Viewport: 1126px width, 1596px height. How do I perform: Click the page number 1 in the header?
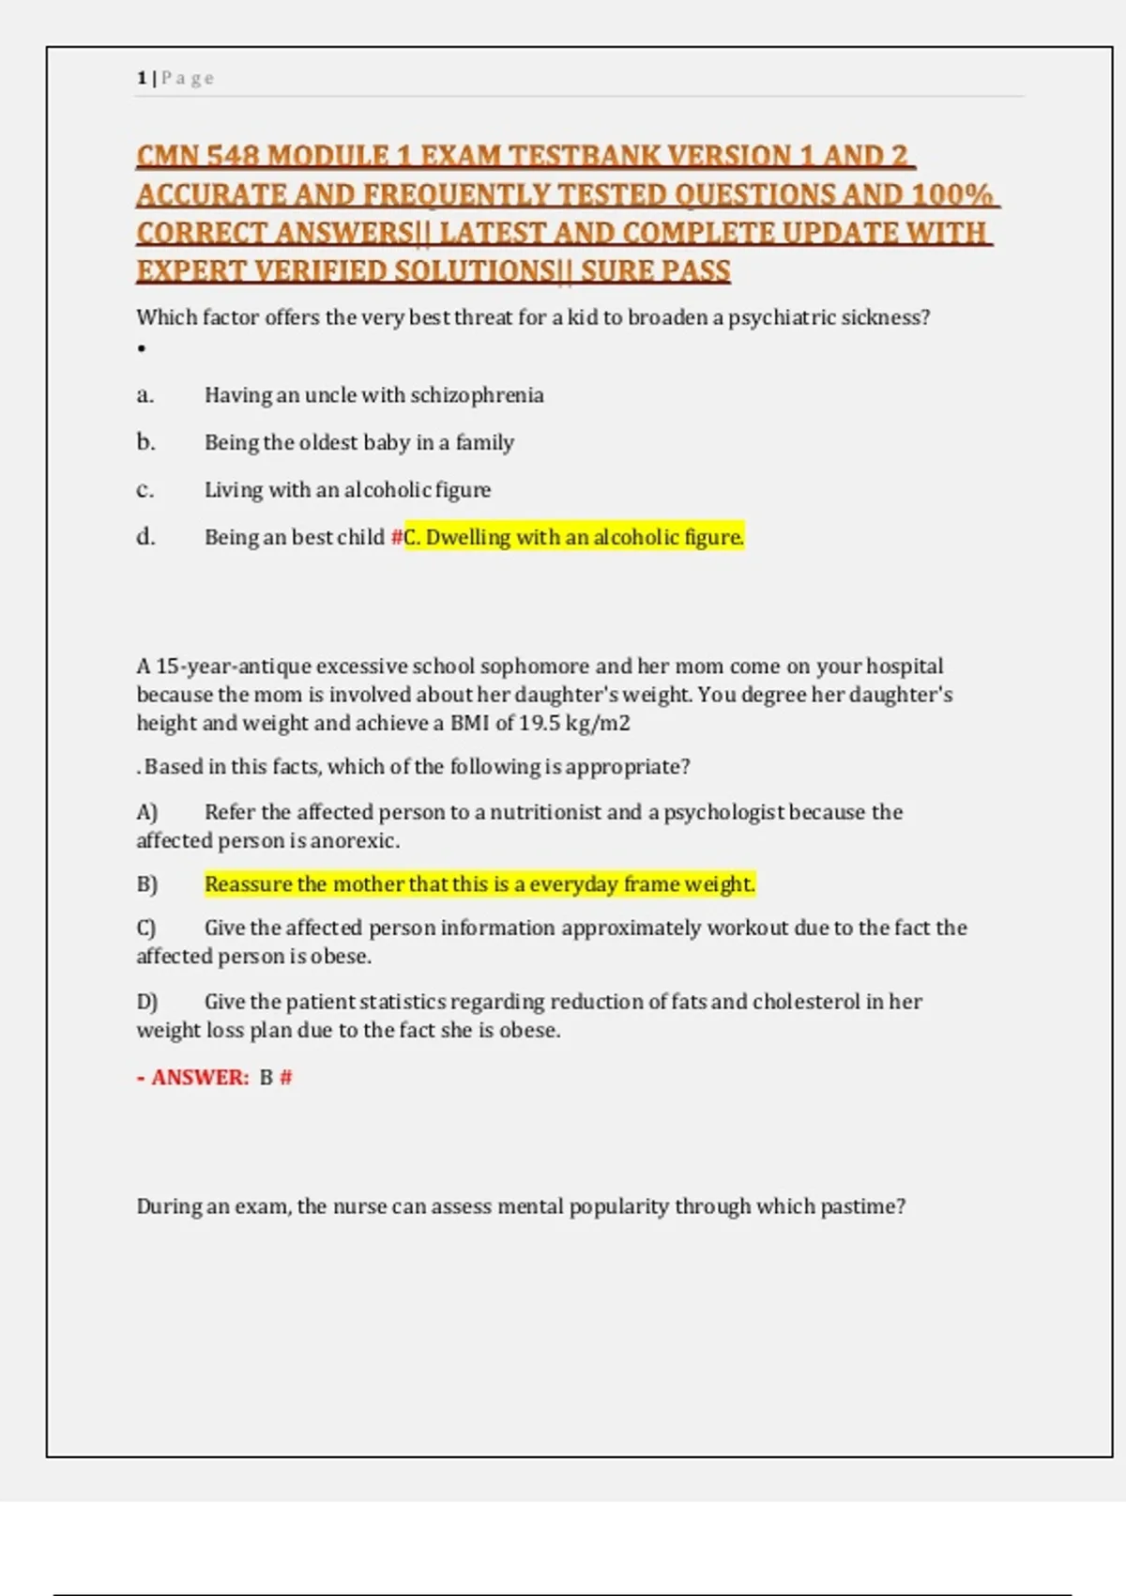pos(142,78)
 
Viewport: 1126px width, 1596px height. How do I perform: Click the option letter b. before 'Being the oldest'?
pos(145,442)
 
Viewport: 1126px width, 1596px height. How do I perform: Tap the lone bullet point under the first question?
pos(142,349)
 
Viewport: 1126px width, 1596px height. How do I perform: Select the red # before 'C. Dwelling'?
pos(397,537)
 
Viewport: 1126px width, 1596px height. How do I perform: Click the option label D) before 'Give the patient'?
pos(147,1002)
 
